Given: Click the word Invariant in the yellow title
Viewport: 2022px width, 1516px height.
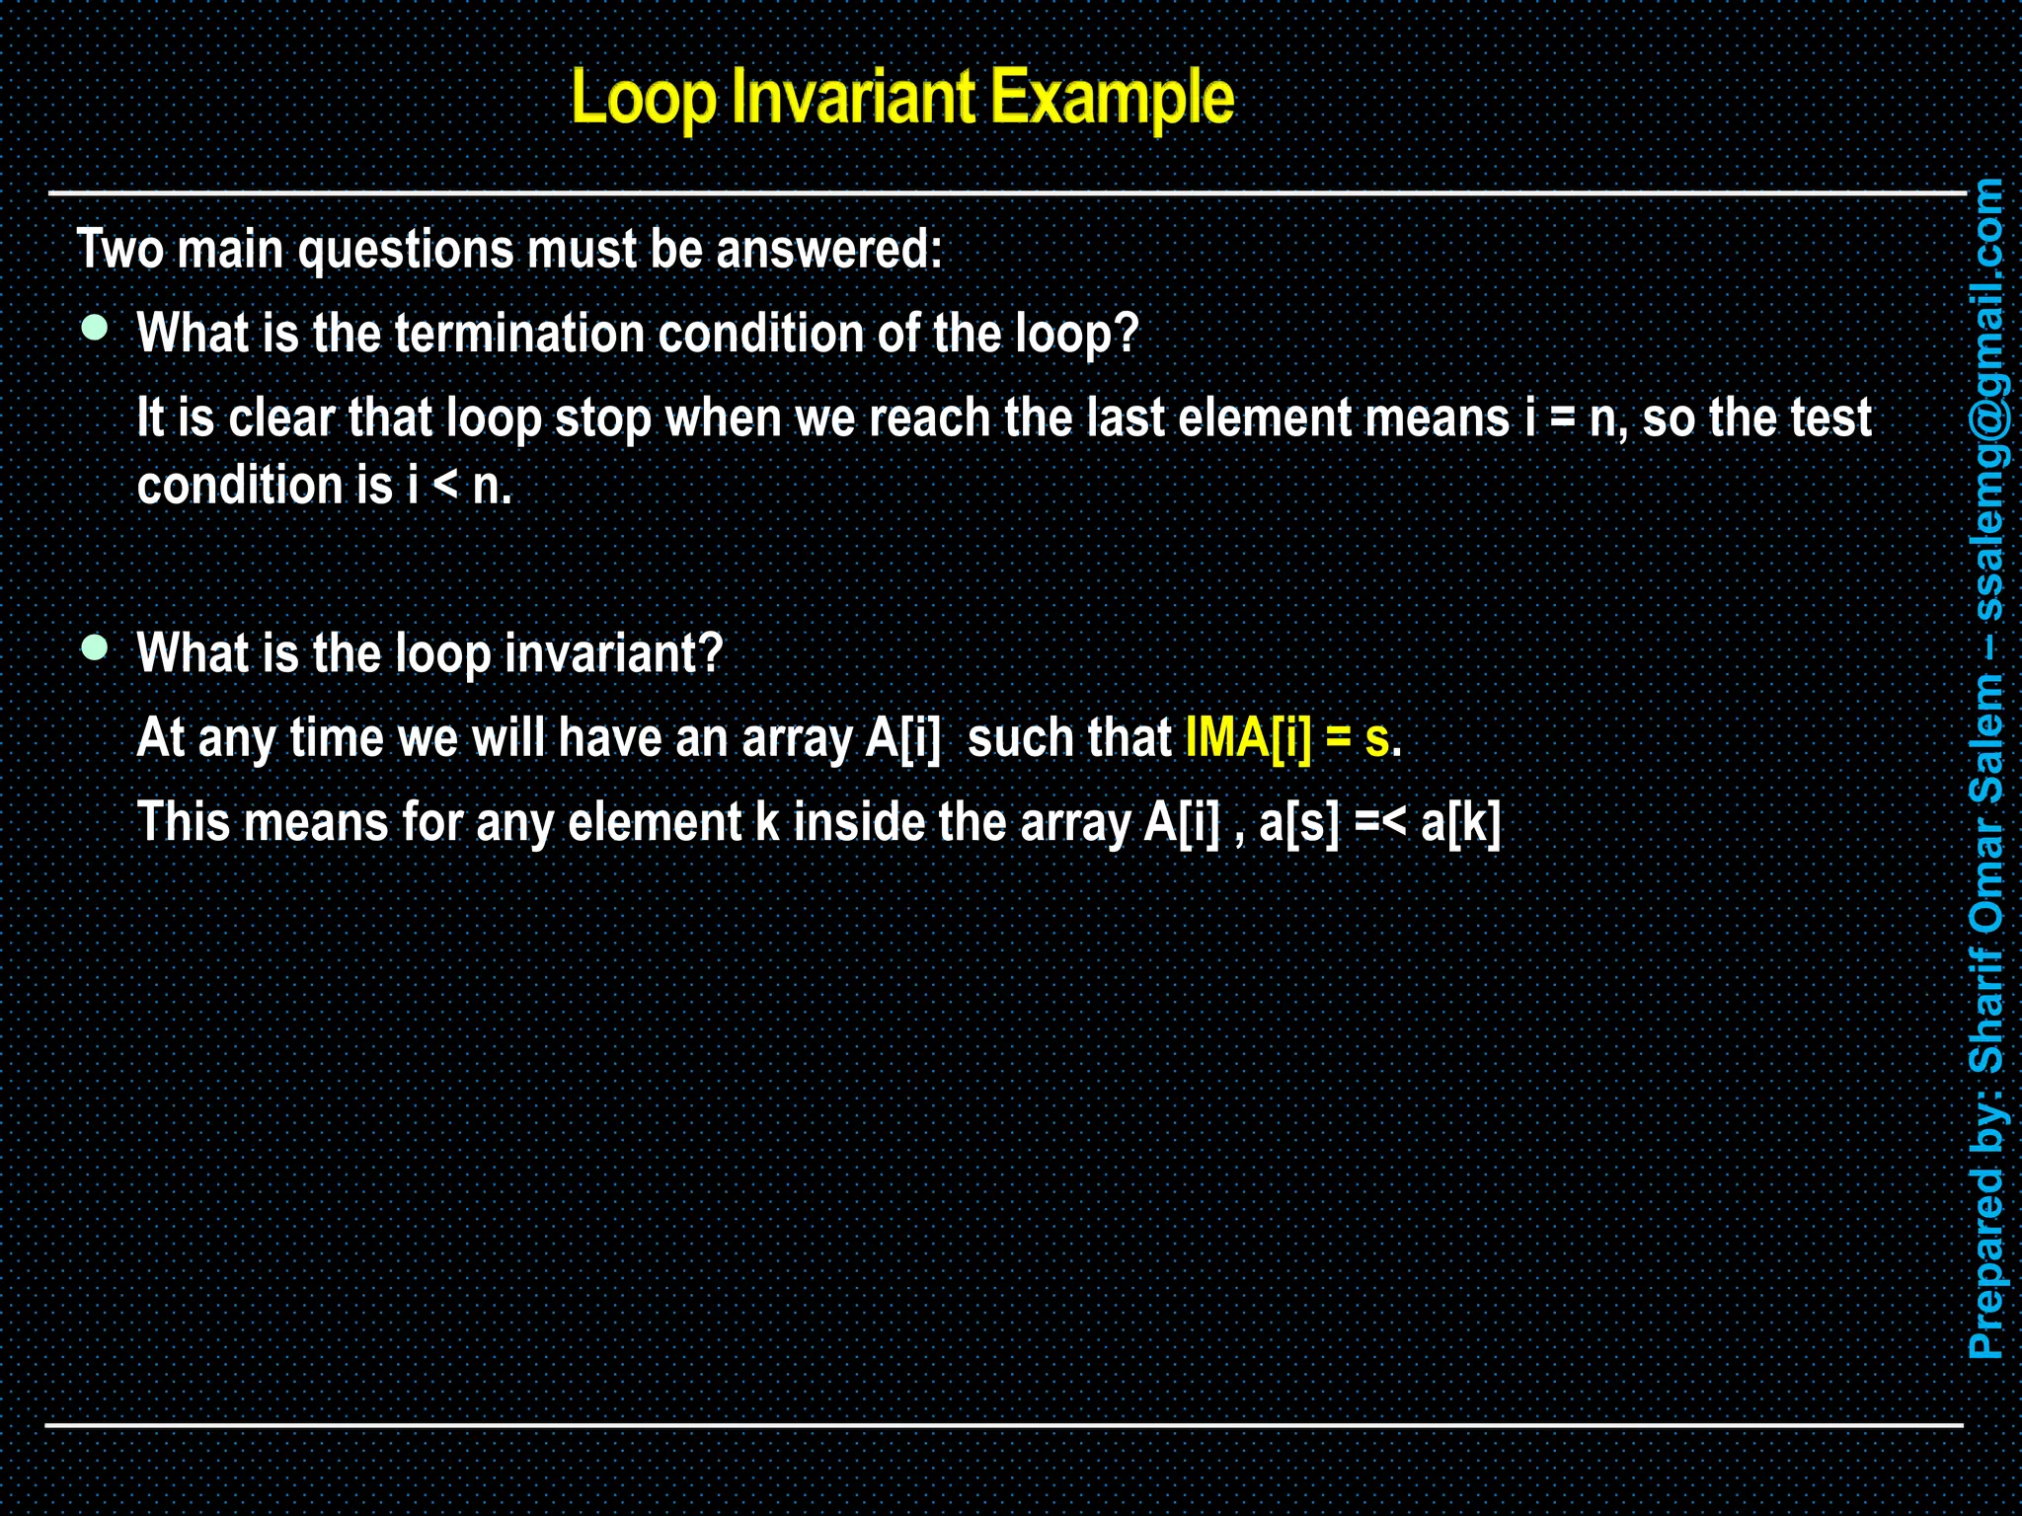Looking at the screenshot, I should (x=854, y=98).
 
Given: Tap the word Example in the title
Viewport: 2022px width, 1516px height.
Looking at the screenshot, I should (x=1112, y=98).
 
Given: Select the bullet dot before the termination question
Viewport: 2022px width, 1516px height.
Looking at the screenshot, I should (x=95, y=329).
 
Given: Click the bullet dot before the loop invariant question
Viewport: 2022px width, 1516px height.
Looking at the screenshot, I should (x=95, y=647).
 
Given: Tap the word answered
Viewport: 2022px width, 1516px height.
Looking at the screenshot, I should (x=828, y=249).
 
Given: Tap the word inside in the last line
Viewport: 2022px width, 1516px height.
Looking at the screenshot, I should (x=859, y=822).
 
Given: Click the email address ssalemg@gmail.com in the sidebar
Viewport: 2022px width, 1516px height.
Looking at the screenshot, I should (x=1986, y=399).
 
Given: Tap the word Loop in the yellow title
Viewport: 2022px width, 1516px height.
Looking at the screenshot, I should (x=644, y=98).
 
